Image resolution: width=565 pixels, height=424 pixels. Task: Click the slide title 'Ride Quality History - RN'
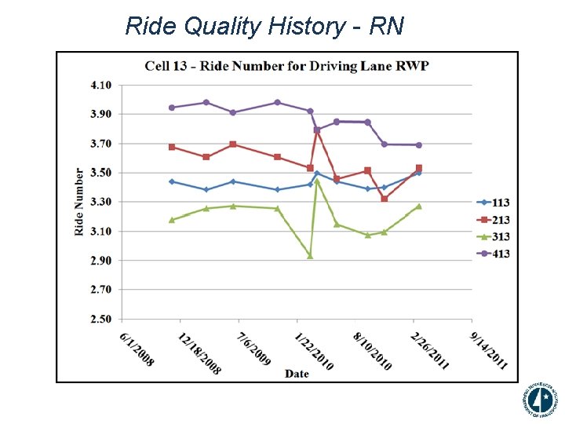264,27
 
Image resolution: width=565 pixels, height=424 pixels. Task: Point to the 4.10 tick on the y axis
100,85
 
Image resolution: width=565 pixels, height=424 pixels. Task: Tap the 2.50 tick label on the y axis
100,319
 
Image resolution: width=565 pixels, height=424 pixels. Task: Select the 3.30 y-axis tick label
100,202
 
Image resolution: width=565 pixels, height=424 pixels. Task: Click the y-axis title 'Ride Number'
79,202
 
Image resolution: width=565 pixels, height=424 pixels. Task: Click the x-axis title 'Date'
297,374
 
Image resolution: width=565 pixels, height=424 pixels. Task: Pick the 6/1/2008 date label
137,349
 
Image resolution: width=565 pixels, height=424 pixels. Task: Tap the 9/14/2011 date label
490,349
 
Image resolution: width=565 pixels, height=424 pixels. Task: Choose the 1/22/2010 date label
314,349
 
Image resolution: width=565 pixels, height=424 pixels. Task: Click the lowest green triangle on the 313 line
310,256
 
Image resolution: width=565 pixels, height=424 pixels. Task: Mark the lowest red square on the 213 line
384,199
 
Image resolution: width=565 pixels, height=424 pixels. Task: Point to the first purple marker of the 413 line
172,108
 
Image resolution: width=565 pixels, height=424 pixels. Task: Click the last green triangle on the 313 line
419,206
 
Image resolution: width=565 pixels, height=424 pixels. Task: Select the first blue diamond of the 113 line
172,181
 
